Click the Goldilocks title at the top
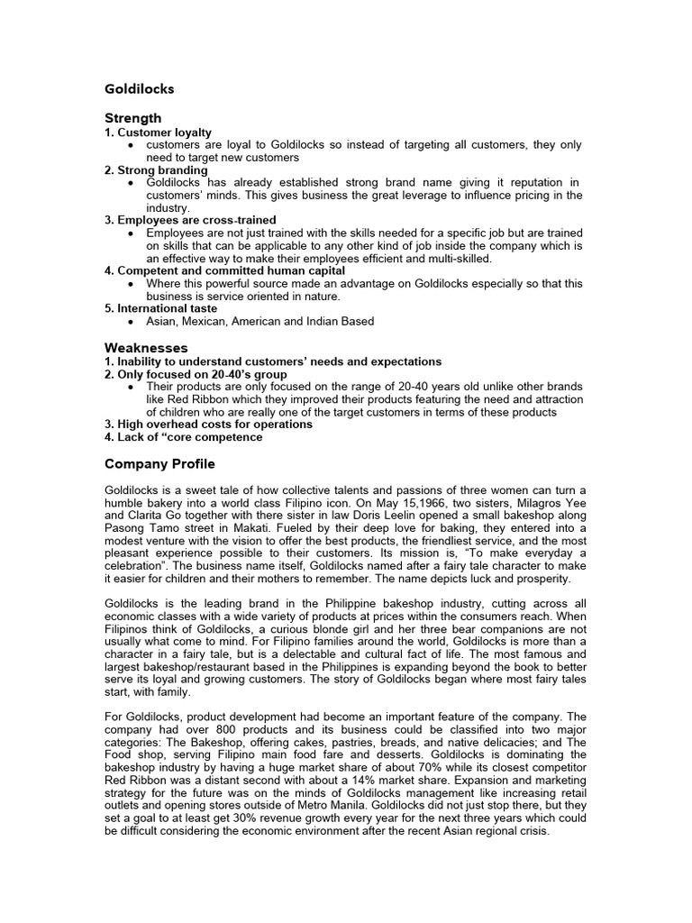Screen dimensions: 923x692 (x=140, y=89)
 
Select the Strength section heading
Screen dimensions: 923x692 (x=133, y=118)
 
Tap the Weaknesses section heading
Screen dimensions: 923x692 (x=146, y=347)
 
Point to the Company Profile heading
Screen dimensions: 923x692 (x=159, y=464)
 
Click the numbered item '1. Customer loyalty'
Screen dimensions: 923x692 (x=159, y=133)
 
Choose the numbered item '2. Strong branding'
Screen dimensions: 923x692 (x=156, y=169)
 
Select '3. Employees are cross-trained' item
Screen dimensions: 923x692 (x=190, y=220)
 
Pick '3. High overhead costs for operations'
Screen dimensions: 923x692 (x=209, y=425)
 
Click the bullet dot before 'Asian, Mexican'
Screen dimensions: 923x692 (x=132, y=322)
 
